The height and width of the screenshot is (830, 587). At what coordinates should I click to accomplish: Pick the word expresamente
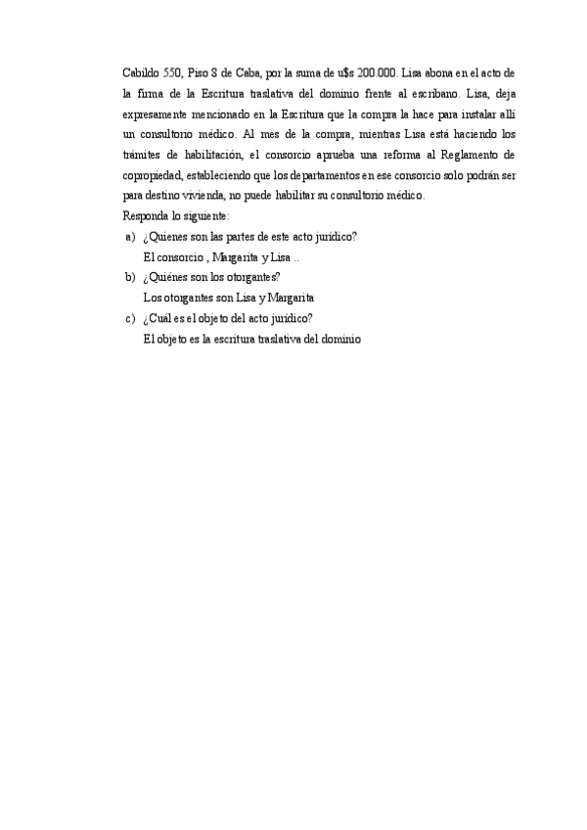click(x=154, y=115)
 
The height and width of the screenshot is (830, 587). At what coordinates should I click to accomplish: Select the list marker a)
click(x=130, y=237)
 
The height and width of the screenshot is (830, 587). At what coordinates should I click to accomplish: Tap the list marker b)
click(x=130, y=277)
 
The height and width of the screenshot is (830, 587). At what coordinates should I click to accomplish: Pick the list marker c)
click(x=130, y=318)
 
